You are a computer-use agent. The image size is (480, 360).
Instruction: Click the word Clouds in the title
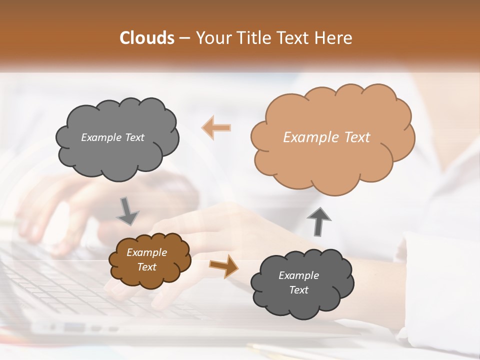click(147, 38)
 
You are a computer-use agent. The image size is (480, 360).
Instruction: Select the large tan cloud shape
click(332, 160)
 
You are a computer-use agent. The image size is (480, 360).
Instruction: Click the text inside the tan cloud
click(326, 137)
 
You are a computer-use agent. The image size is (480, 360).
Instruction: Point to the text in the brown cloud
click(147, 259)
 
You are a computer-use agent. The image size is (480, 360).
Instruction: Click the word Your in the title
click(214, 38)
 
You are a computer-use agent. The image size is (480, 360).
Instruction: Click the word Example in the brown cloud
click(147, 252)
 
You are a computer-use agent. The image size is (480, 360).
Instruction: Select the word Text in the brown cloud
click(147, 267)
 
